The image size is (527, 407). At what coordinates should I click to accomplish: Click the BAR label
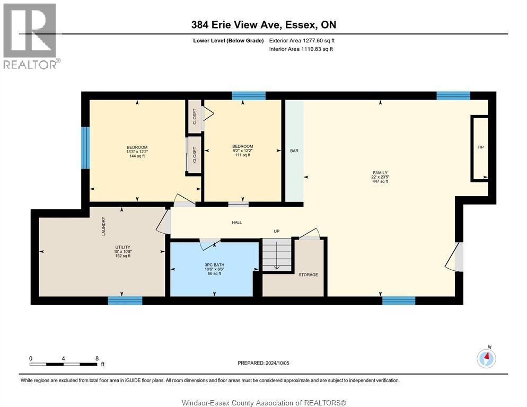click(294, 151)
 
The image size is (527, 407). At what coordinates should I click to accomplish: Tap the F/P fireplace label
click(481, 147)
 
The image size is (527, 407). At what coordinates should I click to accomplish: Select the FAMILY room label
click(380, 173)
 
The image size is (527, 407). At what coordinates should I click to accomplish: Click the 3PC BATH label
click(214, 265)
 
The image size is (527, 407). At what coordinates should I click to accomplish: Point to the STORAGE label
click(308, 275)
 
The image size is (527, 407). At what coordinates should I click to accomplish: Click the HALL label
click(236, 223)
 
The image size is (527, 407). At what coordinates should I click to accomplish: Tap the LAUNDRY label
click(103, 226)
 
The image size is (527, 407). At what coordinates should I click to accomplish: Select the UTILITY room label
click(122, 247)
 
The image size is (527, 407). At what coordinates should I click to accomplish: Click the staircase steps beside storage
click(277, 254)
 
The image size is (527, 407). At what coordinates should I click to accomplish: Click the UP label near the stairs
click(277, 231)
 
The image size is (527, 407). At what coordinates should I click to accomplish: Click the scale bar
click(64, 364)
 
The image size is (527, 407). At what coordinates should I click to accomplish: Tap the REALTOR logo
click(31, 36)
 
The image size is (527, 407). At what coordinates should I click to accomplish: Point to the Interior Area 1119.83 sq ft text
click(301, 49)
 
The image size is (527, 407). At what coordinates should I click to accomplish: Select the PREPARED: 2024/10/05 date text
click(263, 363)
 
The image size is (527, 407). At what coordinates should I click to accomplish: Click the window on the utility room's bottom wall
click(125, 300)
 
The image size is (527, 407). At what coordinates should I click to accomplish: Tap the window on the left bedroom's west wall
click(86, 147)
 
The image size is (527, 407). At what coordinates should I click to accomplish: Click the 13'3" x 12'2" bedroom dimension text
click(137, 152)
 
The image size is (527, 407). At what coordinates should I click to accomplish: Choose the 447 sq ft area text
click(380, 181)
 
